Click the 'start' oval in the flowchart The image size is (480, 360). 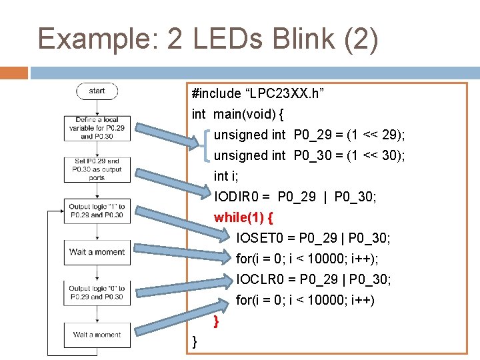click(x=97, y=91)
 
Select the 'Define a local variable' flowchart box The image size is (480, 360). click(x=97, y=127)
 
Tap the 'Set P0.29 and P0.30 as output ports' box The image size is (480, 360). click(x=97, y=169)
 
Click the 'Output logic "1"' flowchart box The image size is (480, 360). click(x=97, y=211)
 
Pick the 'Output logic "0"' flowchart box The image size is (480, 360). click(x=97, y=293)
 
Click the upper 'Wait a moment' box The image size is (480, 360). click(x=97, y=252)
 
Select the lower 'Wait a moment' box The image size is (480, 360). click(x=97, y=335)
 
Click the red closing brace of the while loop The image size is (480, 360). click(x=216, y=322)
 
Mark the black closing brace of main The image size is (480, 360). click(x=194, y=342)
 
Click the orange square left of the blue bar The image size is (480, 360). click(x=14, y=72)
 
